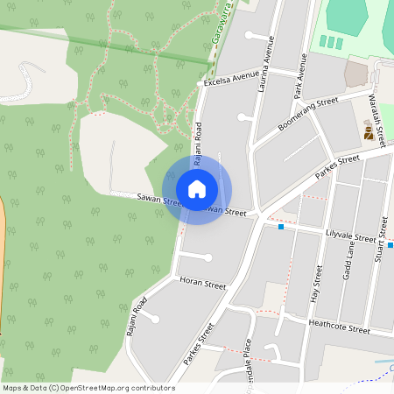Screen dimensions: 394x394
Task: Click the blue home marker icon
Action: pyautogui.click(x=197, y=189)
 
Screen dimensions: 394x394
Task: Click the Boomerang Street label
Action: pyautogui.click(x=308, y=114)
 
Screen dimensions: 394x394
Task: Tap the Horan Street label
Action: pyautogui.click(x=202, y=285)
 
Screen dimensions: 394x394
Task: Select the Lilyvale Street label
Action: pyautogui.click(x=350, y=236)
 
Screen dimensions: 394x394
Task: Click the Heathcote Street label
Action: pyautogui.click(x=340, y=326)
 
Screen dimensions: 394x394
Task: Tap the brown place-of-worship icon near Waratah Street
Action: pyautogui.click(x=369, y=132)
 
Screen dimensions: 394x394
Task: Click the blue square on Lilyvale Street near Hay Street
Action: pyautogui.click(x=281, y=227)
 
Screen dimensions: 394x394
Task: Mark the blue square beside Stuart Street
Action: pyautogui.click(x=390, y=245)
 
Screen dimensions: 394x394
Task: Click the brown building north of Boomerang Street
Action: pyautogui.click(x=357, y=73)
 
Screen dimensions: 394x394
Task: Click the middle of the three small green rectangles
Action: pyautogui.click(x=331, y=42)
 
